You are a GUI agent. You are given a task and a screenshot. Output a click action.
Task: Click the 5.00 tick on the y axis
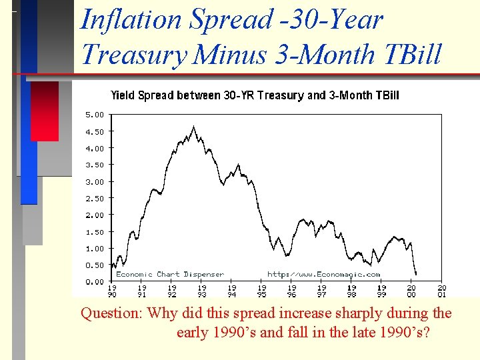tap(94, 115)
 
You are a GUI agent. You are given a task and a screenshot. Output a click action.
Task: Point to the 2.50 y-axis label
tap(94, 198)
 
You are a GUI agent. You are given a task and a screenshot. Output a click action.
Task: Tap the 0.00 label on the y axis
tap(94, 281)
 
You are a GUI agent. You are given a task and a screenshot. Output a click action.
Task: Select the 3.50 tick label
tap(94, 165)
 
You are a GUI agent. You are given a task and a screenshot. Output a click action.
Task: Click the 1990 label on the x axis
tap(112, 291)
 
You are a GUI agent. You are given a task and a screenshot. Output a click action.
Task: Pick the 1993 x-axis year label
tap(202, 291)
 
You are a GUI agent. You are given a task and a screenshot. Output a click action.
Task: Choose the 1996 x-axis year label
tap(292, 291)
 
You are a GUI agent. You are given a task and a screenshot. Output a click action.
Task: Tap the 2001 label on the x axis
tap(441, 291)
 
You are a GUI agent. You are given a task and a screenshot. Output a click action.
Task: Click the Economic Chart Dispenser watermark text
tap(169, 274)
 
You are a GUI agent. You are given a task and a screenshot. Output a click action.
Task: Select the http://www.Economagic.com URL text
tap(323, 274)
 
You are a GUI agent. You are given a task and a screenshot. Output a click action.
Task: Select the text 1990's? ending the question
tap(403, 331)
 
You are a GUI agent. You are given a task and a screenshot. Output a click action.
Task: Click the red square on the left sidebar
tap(45, 111)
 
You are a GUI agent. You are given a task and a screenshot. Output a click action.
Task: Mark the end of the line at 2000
tap(416, 274)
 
